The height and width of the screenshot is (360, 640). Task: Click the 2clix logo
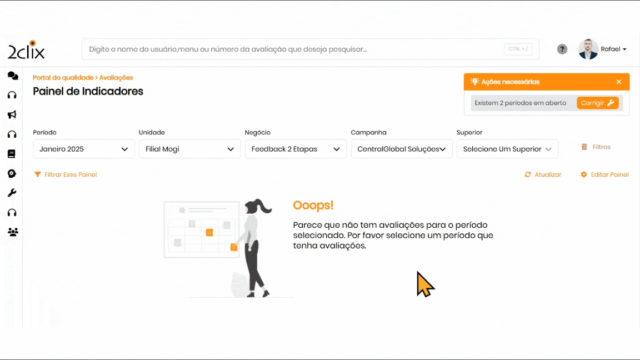pos(26,50)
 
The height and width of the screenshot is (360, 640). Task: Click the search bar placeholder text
pos(228,49)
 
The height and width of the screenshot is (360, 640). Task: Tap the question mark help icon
pos(562,49)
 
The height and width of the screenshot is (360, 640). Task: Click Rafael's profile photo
pos(588,49)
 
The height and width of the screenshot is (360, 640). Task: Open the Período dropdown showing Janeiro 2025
pos(84,149)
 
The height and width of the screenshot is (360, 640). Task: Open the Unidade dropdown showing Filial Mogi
pos(190,149)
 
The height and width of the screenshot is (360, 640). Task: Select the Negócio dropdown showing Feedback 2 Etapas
pos(296,149)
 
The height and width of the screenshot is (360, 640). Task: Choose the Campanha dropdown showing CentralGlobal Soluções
pos(402,149)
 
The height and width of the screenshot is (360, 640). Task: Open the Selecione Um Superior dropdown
pos(507,149)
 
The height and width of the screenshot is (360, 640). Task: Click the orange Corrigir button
pos(598,103)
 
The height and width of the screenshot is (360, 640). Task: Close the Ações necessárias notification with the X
pos(619,82)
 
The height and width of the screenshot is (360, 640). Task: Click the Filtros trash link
pos(596,147)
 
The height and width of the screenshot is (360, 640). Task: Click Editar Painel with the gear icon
pos(604,174)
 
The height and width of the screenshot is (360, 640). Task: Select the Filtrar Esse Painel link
pos(66,174)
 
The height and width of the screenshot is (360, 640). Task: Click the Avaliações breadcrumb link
pos(116,78)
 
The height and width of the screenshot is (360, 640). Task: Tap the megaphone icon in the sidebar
pos(12,114)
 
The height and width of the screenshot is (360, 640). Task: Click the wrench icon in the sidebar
pos(12,193)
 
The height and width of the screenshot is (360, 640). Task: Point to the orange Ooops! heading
pos(313,205)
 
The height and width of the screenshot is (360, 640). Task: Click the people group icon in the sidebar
pos(13,232)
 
